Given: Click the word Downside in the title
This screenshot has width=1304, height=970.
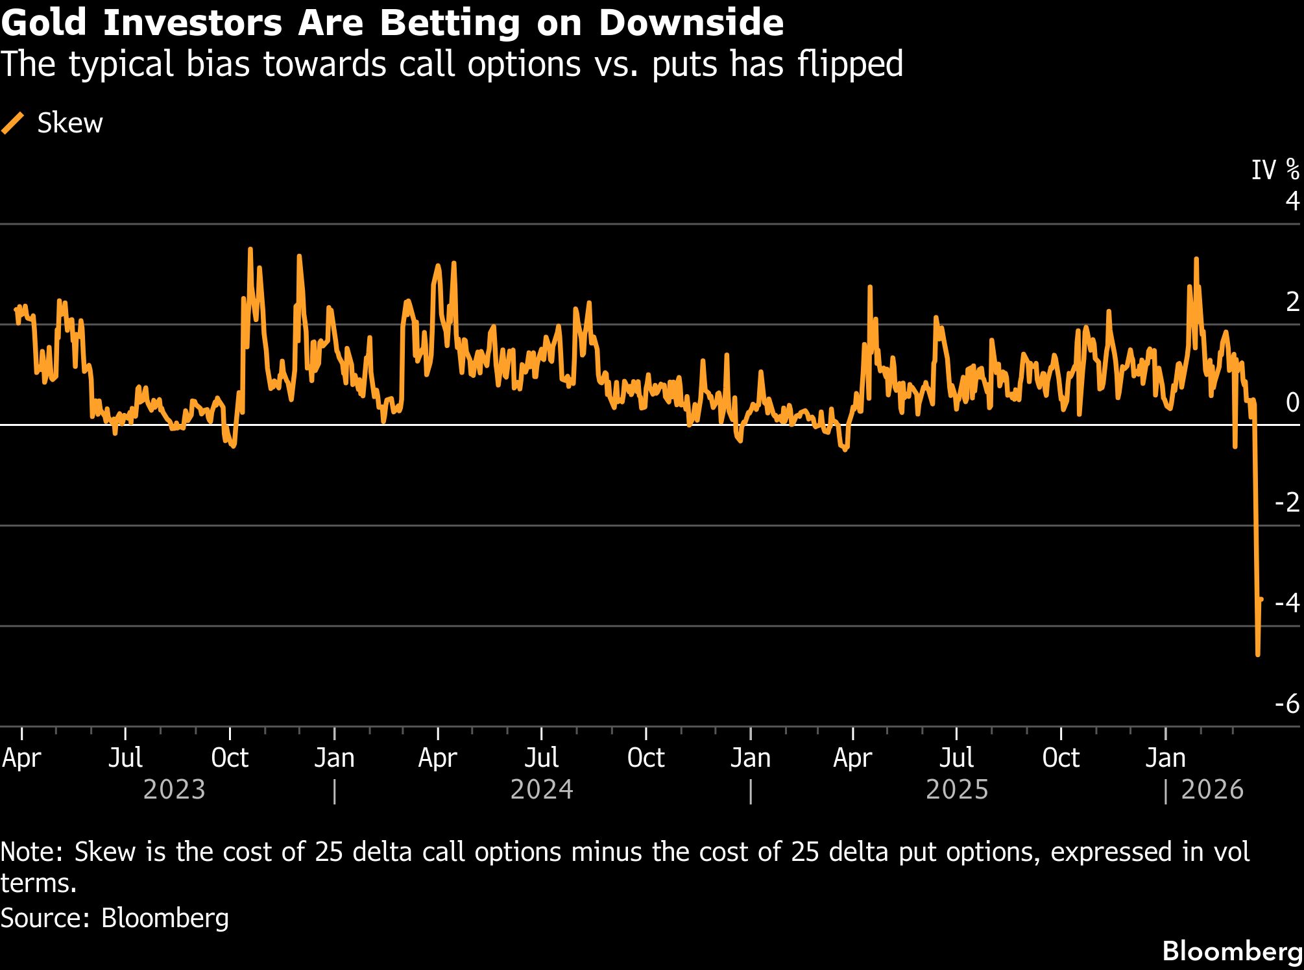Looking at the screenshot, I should (691, 23).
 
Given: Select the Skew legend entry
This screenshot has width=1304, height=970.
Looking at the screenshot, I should (53, 123).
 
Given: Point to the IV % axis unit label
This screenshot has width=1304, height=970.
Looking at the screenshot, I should (1275, 170).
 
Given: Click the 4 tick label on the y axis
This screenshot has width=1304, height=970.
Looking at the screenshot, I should (1292, 201).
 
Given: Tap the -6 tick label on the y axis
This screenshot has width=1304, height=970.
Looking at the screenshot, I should (1287, 704).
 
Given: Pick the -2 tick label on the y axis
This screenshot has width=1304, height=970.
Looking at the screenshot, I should (1287, 503).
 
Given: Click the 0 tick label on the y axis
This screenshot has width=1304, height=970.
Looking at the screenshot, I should (1292, 403).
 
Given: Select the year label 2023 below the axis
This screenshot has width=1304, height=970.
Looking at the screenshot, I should (174, 790).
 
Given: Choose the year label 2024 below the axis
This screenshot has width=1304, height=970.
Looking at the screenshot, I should (542, 790).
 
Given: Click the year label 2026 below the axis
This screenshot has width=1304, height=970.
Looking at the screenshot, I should (1212, 790).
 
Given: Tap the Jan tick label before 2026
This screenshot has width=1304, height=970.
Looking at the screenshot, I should (1165, 758).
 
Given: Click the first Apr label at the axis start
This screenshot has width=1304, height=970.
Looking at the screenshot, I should (21, 758).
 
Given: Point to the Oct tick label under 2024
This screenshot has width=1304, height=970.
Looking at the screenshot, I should (646, 758).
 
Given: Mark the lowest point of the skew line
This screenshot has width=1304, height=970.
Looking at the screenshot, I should (1258, 654).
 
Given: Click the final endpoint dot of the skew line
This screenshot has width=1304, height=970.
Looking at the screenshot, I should (1261, 599).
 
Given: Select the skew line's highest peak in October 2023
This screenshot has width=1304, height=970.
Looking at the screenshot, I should (250, 249).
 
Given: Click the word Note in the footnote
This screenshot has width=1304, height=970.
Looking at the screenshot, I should (31, 852).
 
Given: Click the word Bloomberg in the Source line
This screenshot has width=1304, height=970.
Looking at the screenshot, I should (165, 917).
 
